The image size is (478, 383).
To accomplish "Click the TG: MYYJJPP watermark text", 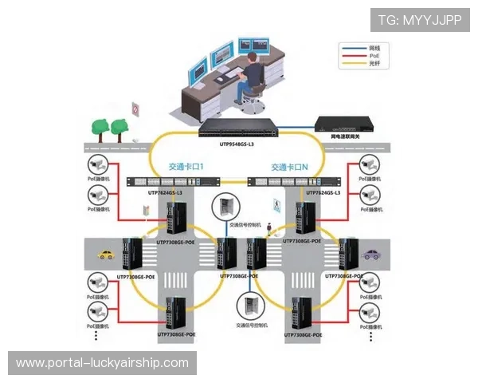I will pos(420,19).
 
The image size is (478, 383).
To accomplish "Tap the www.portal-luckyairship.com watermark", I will pos(102,363).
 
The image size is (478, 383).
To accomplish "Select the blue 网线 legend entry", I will pos(362,48).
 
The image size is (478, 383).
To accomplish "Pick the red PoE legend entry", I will pos(362,56).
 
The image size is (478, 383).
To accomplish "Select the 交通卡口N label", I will pos(288,168).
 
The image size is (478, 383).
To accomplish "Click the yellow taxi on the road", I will pos(105,255).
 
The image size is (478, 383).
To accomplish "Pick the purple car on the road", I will pos(371,255).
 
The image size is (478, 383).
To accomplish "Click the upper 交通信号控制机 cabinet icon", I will pos(225,207).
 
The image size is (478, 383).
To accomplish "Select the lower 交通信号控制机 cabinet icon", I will pos(249,306).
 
